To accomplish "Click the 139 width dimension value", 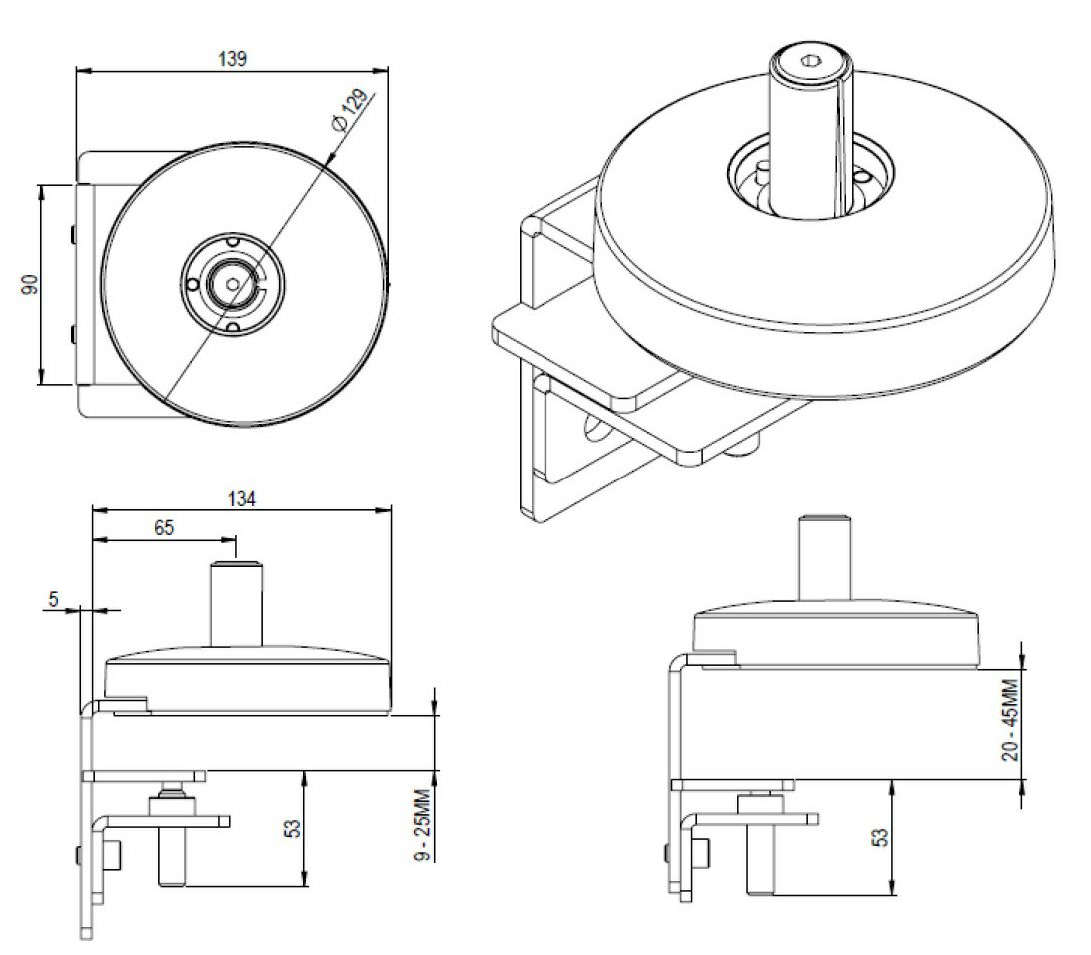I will click(x=232, y=58).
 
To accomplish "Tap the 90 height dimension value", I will click(x=30, y=284).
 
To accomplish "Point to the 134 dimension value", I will click(x=241, y=498).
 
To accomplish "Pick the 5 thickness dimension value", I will click(x=53, y=599).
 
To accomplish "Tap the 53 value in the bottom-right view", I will click(x=880, y=838).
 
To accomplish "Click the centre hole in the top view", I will click(x=233, y=283).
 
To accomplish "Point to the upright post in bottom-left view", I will click(x=235, y=604).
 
